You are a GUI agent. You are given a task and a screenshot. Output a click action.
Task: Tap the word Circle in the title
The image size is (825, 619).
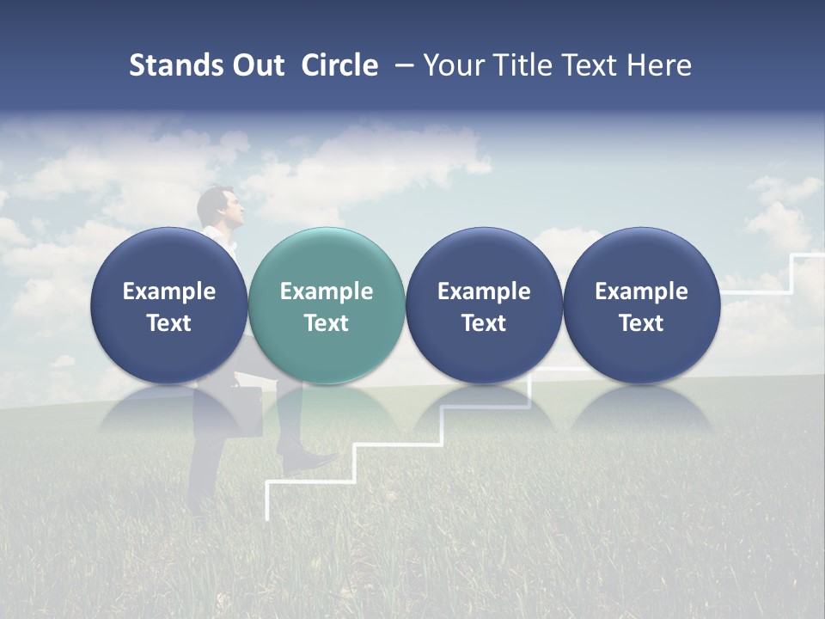[x=339, y=65]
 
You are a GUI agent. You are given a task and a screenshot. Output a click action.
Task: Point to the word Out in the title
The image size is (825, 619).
[x=255, y=65]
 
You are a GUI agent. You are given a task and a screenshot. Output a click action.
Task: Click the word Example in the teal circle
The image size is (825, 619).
[x=327, y=291]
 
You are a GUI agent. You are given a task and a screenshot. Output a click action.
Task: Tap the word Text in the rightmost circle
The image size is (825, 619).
[x=641, y=323]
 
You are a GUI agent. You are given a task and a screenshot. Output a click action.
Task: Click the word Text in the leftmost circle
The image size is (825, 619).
[x=169, y=323]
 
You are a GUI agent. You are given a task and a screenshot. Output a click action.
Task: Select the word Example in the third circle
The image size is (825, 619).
[x=484, y=291]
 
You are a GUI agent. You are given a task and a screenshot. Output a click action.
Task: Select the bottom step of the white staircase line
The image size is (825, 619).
[x=292, y=484]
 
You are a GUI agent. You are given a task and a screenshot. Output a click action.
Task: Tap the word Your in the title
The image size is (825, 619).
[x=452, y=65]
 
